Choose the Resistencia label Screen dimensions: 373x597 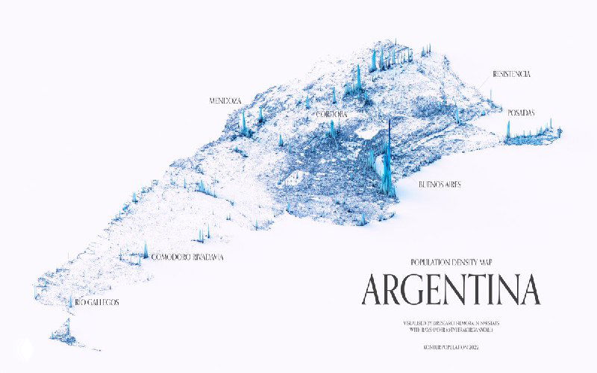click(511, 75)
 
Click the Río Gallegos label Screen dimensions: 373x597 click(97, 302)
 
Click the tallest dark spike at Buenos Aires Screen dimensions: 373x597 click(388, 157)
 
